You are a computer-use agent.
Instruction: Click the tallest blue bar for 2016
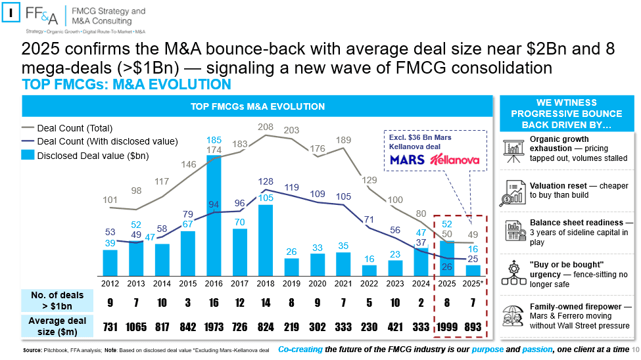214,215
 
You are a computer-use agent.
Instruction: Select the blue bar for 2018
266,240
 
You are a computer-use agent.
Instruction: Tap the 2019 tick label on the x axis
291,284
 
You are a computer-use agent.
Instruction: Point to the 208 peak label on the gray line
266,127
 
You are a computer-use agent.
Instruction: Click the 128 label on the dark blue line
266,181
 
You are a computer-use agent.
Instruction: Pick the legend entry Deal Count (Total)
67,128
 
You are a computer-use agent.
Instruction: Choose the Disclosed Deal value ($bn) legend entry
85,156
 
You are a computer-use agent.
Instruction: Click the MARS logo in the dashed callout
407,160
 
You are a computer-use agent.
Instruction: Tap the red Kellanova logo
454,160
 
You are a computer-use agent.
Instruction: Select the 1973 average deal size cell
214,327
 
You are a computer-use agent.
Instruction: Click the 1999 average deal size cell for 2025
447,327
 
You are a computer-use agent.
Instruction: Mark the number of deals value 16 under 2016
214,303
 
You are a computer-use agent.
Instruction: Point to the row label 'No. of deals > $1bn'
57,301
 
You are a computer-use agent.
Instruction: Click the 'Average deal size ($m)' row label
57,326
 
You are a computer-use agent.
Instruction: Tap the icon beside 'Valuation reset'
513,193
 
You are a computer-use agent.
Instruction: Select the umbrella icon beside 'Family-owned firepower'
513,316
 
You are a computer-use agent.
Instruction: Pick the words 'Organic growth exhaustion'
559,144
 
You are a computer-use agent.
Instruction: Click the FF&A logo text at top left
41,15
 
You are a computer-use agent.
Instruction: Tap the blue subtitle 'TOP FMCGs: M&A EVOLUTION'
126,85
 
